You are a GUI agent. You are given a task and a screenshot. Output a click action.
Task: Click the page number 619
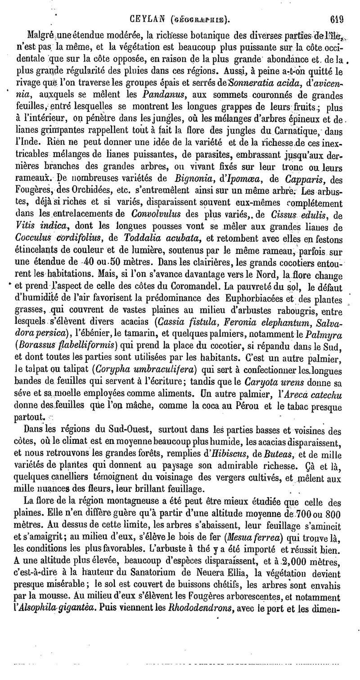tap(336, 19)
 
